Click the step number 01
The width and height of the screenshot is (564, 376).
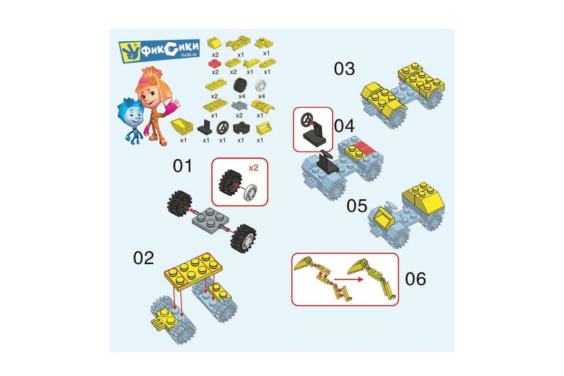[182, 166]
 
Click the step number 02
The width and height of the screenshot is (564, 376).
[143, 258]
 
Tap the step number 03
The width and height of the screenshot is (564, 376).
[344, 69]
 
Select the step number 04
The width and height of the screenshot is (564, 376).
[344, 126]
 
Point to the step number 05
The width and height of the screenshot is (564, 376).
[357, 206]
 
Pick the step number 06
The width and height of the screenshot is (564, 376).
[415, 279]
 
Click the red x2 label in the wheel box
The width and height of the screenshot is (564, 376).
[253, 168]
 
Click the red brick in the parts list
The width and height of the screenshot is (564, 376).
[215, 63]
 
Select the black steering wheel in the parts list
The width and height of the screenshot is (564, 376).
[223, 128]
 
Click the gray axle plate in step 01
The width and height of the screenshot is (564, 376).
[211, 221]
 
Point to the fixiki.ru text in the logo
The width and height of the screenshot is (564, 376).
[190, 55]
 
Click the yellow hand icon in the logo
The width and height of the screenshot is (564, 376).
[130, 51]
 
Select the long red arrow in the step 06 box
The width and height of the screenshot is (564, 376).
[348, 279]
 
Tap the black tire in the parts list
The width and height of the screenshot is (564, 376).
[240, 85]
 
